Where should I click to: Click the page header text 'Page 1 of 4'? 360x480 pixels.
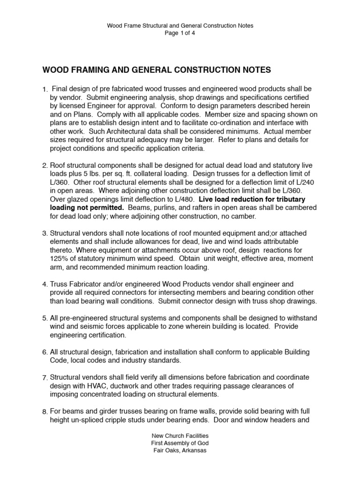pos(180,33)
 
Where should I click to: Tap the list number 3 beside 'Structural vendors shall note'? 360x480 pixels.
pos(45,233)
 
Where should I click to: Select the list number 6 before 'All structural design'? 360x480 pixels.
pos(45,352)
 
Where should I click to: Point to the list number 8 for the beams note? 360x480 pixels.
pos(45,412)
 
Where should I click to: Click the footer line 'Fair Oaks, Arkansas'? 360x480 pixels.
pos(180,450)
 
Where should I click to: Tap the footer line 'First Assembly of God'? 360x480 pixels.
pos(180,443)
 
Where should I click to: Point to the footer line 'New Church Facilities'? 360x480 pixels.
pos(180,435)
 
